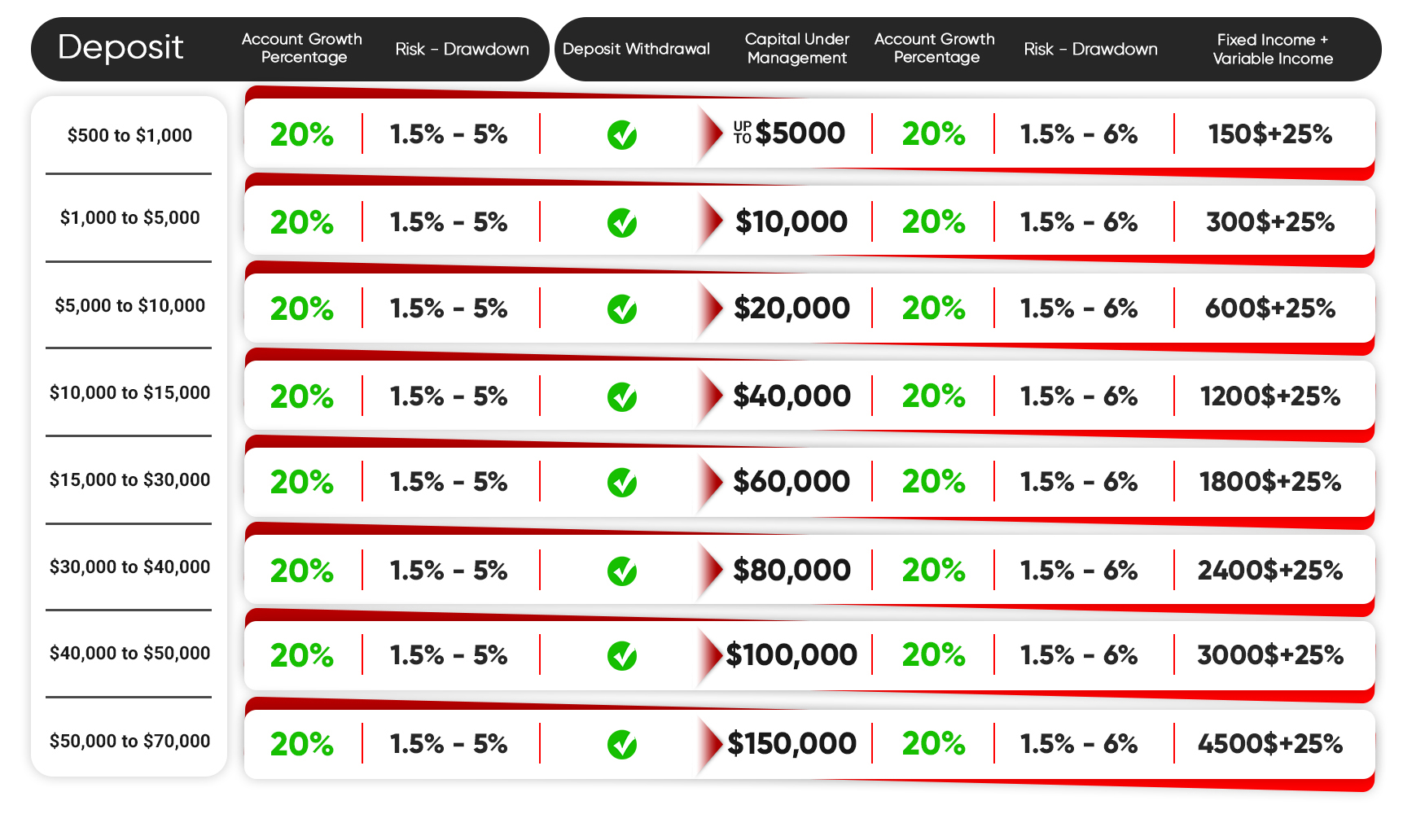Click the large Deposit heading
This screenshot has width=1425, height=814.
(x=121, y=47)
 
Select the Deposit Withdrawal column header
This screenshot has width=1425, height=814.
(x=636, y=49)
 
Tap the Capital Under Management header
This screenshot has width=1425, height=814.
(x=797, y=49)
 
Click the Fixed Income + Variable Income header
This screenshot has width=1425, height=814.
(x=1273, y=49)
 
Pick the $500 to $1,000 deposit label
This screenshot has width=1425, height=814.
(x=129, y=135)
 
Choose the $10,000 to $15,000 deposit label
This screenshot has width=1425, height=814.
(x=129, y=393)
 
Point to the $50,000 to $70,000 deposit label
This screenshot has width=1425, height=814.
(x=129, y=741)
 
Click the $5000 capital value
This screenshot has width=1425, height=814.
(x=800, y=133)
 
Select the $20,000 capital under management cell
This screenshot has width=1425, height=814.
(x=791, y=309)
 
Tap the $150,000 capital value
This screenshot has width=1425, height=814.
(x=791, y=743)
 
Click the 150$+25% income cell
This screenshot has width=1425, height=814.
(x=1270, y=134)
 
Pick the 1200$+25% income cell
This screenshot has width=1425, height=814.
(x=1270, y=396)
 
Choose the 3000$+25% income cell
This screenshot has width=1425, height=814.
(x=1270, y=655)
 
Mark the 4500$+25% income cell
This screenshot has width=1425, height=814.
(x=1270, y=743)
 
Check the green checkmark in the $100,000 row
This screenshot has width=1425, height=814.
(x=622, y=656)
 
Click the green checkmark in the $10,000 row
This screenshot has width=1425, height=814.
(x=622, y=223)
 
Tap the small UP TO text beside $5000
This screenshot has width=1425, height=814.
(x=743, y=133)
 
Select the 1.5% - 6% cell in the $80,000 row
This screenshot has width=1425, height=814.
(x=1079, y=570)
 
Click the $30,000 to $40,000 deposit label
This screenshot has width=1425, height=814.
(x=129, y=567)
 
